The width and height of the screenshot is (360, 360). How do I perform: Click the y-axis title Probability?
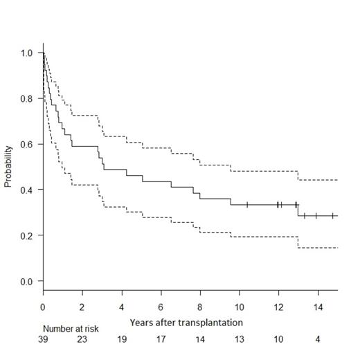[9, 167]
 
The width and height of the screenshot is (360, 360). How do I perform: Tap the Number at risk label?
[71, 330]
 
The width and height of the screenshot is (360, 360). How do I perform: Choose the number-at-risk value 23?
[82, 341]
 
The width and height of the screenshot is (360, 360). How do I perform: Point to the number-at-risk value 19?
[122, 341]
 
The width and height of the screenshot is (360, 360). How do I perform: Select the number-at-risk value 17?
[161, 341]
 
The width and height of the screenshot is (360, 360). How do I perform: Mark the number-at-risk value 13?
[239, 341]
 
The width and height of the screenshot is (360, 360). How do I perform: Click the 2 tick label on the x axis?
[82, 306]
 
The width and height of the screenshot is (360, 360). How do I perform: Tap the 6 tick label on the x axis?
[161, 306]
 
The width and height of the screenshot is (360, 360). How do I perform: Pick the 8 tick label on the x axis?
[200, 306]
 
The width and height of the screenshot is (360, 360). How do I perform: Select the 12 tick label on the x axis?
[278, 306]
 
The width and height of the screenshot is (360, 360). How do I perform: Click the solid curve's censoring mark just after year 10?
[247, 204]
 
